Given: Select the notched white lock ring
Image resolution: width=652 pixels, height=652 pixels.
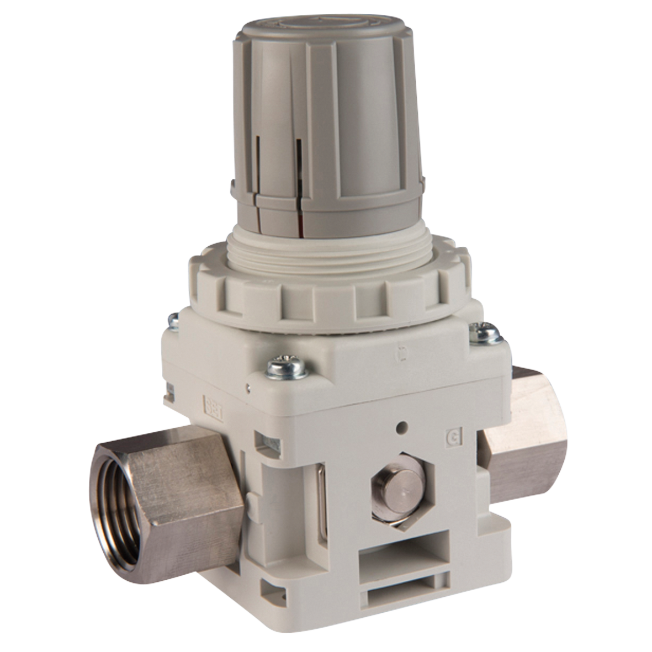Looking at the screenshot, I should (x=331, y=298).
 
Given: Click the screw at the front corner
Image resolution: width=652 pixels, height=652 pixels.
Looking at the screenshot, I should (x=287, y=369).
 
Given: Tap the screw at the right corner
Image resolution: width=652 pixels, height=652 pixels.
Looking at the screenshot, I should (x=484, y=333).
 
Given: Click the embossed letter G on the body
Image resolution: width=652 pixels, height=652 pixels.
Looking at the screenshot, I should (x=452, y=440).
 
